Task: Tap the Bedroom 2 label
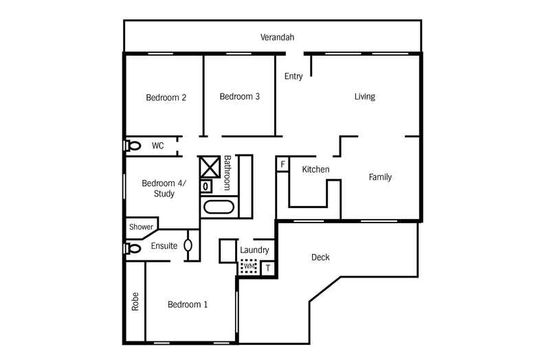(x=166, y=98)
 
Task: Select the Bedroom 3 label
(x=239, y=97)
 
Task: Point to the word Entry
(x=293, y=76)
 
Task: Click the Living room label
(x=364, y=97)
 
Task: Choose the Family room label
(x=380, y=177)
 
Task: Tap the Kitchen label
(x=315, y=170)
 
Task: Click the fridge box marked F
(x=282, y=164)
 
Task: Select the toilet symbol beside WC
(x=133, y=146)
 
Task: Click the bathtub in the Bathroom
(x=219, y=207)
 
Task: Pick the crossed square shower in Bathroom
(x=208, y=167)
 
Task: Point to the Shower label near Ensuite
(x=141, y=227)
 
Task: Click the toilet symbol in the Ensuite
(x=133, y=247)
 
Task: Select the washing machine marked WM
(x=249, y=267)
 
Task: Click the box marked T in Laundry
(x=268, y=268)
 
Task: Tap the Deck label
(x=320, y=258)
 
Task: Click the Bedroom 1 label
(x=188, y=304)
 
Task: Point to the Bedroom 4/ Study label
(x=158, y=188)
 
